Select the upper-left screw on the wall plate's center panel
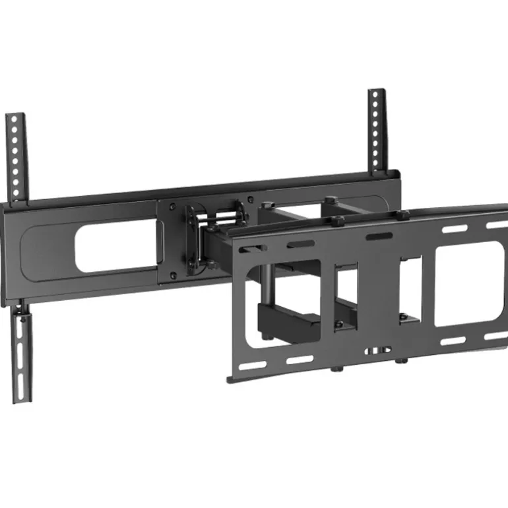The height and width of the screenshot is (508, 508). [172, 206]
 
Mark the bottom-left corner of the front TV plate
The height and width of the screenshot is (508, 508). [230, 379]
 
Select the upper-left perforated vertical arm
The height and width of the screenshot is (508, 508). [16, 155]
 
